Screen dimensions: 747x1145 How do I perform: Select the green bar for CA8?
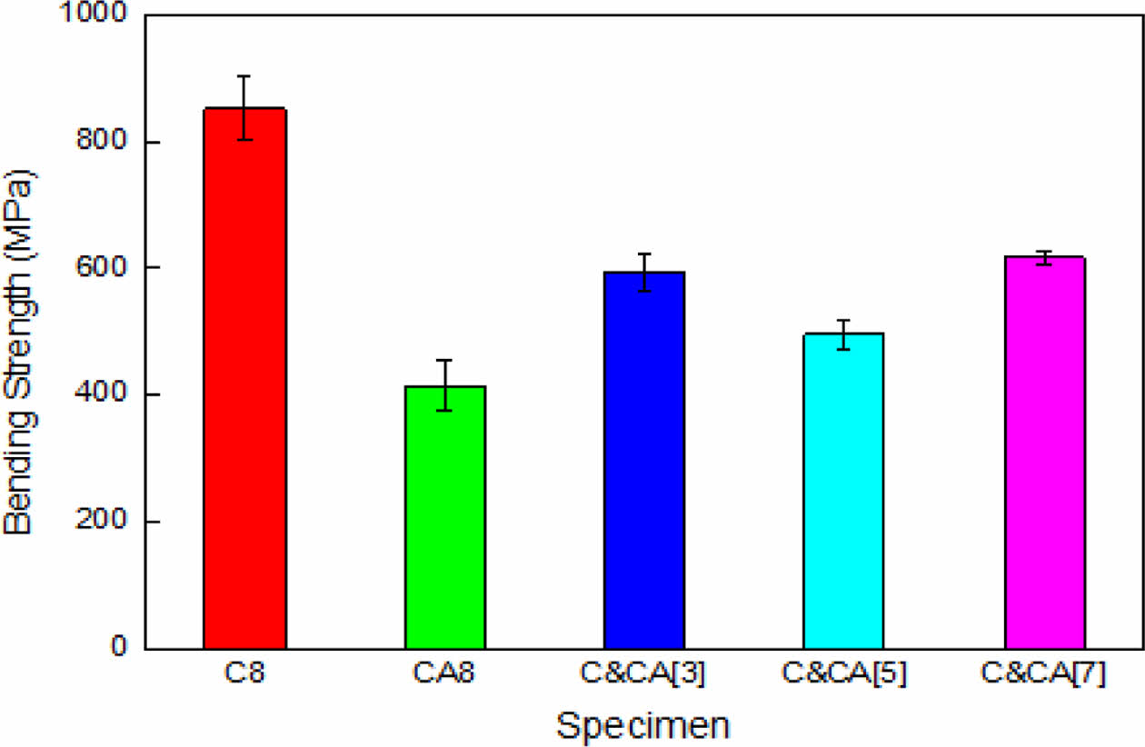click(x=444, y=517)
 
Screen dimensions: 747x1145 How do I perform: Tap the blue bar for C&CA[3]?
click(x=643, y=460)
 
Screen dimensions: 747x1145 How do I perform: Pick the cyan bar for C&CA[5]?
click(x=843, y=491)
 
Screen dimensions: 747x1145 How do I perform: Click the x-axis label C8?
click(x=244, y=676)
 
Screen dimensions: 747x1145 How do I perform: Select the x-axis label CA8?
click(x=444, y=676)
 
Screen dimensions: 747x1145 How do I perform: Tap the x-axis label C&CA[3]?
click(x=643, y=676)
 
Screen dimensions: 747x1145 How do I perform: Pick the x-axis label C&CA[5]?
click(x=843, y=676)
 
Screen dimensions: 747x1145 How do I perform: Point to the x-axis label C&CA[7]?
click(x=1044, y=676)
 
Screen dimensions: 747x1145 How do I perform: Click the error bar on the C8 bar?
click(x=244, y=107)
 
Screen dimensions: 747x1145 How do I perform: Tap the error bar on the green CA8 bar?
click(x=444, y=385)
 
